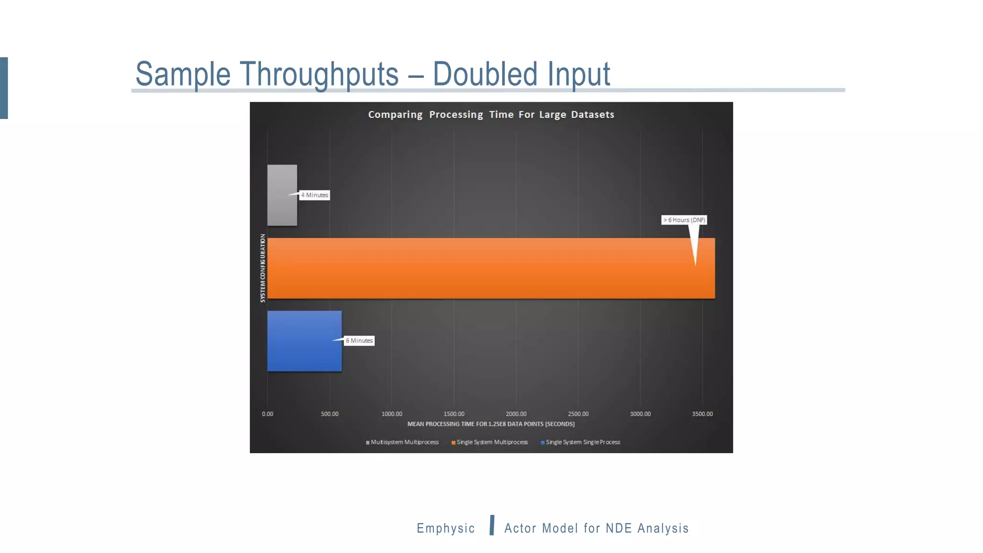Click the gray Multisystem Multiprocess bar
click(282, 195)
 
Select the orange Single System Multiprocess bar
click(491, 268)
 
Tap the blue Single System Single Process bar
click(304, 341)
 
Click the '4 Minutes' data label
click(315, 195)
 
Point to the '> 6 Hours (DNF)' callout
click(684, 220)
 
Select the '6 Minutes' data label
click(360, 341)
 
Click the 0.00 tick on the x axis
click(267, 414)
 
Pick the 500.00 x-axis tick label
click(330, 414)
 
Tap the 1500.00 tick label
click(454, 414)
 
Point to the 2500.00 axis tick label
click(578, 414)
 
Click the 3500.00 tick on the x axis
click(702, 414)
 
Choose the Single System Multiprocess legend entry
click(490, 442)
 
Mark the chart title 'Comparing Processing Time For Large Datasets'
click(491, 115)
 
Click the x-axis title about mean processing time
click(491, 424)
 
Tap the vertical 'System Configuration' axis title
click(263, 268)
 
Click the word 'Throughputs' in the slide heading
click(319, 74)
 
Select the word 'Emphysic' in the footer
click(446, 528)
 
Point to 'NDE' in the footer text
click(619, 528)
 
